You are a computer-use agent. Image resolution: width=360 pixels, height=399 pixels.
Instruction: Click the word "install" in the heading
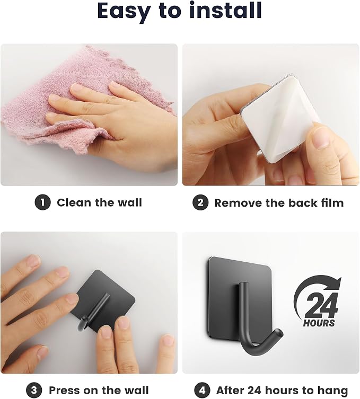(x=225, y=11)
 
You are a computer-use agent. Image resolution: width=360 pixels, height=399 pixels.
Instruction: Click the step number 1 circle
(x=42, y=202)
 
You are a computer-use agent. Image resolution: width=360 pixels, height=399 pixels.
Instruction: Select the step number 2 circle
(x=200, y=202)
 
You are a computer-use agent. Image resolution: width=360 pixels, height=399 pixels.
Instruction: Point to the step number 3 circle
(x=34, y=390)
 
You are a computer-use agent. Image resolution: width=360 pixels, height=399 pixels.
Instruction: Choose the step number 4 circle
(x=202, y=390)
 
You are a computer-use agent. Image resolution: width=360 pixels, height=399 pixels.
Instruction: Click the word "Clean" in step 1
(x=74, y=202)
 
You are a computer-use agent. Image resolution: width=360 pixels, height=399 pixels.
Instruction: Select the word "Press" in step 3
(x=64, y=391)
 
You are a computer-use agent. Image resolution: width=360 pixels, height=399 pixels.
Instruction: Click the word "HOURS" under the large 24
(x=319, y=323)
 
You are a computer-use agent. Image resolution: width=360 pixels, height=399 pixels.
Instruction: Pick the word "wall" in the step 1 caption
(x=129, y=202)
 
